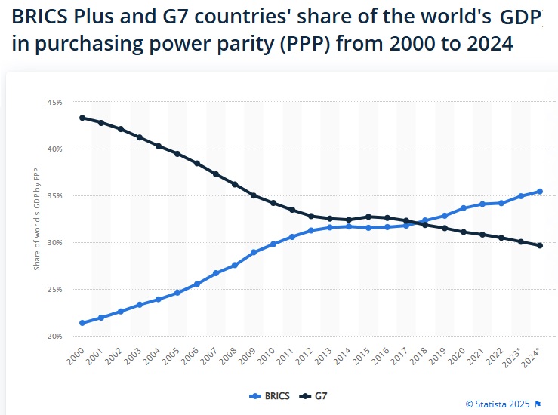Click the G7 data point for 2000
point(82,118)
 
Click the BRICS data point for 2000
point(82,323)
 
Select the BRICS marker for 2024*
point(540,191)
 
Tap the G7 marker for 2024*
point(540,245)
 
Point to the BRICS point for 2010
point(273,244)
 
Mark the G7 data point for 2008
point(234,184)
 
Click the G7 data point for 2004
point(158,146)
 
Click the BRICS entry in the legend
point(270,395)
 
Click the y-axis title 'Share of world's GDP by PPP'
point(37,220)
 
